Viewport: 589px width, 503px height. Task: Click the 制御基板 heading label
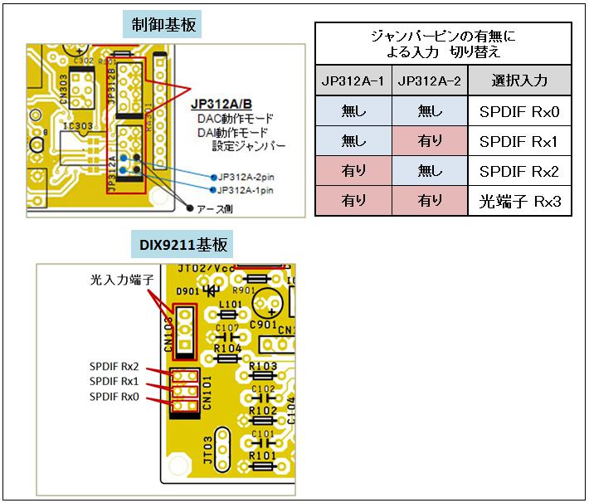pos(164,24)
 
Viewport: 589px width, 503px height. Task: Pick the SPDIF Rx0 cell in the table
pos(519,111)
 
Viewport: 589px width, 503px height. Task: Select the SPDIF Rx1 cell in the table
pos(519,142)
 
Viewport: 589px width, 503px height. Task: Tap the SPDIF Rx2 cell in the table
pos(519,172)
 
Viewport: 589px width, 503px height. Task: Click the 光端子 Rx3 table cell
pos(519,201)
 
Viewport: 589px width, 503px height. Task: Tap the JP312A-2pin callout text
pos(257,177)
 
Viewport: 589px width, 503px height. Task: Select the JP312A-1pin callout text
pos(257,190)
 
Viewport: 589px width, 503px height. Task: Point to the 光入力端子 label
pos(123,281)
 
